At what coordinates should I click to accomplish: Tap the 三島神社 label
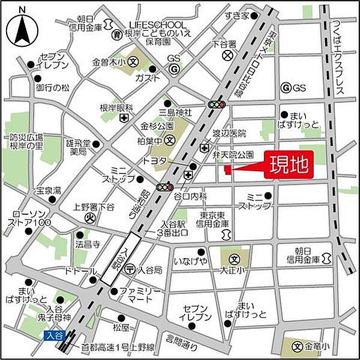pyautogui.click(x=175, y=112)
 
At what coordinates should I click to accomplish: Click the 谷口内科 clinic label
pyautogui.click(x=190, y=196)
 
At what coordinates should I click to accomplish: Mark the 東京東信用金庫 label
pyautogui.click(x=213, y=220)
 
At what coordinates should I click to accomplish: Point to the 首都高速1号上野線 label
pyautogui.click(x=125, y=347)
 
